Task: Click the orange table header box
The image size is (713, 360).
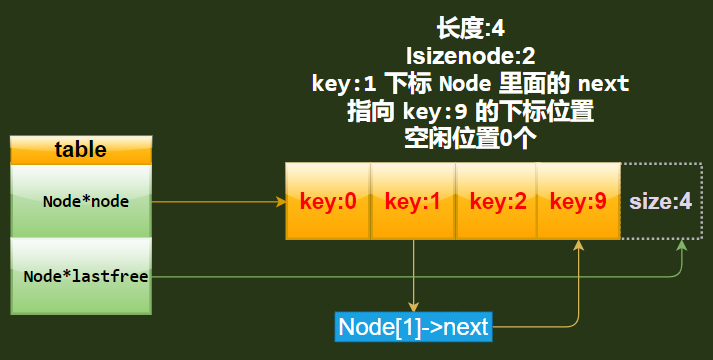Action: (80, 150)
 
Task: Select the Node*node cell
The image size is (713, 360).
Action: (80, 201)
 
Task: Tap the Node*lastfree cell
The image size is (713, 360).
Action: (80, 276)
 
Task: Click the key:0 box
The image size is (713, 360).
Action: (328, 201)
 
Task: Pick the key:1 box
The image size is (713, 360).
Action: (413, 201)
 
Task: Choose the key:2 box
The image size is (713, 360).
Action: (497, 201)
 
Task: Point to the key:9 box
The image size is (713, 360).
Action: (578, 201)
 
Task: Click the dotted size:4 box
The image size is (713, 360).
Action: (660, 201)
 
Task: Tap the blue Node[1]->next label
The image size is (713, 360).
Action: (414, 326)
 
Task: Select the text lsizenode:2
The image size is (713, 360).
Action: (470, 57)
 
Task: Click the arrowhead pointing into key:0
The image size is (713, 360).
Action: (281, 201)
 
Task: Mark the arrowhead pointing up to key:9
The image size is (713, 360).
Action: (579, 245)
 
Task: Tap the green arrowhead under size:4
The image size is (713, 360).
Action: (680, 246)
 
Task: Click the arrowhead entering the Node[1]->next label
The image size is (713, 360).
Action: (413, 306)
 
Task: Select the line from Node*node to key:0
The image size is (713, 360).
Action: (215, 201)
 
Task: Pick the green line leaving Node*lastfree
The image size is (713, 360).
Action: (400, 276)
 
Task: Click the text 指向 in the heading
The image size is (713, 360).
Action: (366, 112)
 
